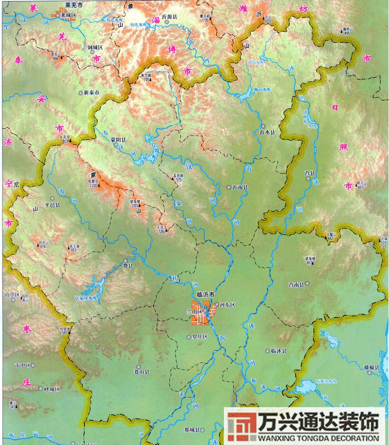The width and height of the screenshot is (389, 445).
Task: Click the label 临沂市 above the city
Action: click(205, 296)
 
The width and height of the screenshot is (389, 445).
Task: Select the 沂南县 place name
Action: click(240, 187)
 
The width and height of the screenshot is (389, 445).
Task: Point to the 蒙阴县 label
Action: click(120, 140)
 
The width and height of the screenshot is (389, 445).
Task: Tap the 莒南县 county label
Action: click(296, 284)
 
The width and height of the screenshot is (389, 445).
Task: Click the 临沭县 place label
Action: click(279, 351)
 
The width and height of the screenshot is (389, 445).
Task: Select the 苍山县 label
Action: click(141, 371)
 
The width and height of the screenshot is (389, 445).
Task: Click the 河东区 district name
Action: click(227, 304)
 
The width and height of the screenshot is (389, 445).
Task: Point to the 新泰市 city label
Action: click(92, 92)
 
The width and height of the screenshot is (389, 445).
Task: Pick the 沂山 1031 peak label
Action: click(267, 18)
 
